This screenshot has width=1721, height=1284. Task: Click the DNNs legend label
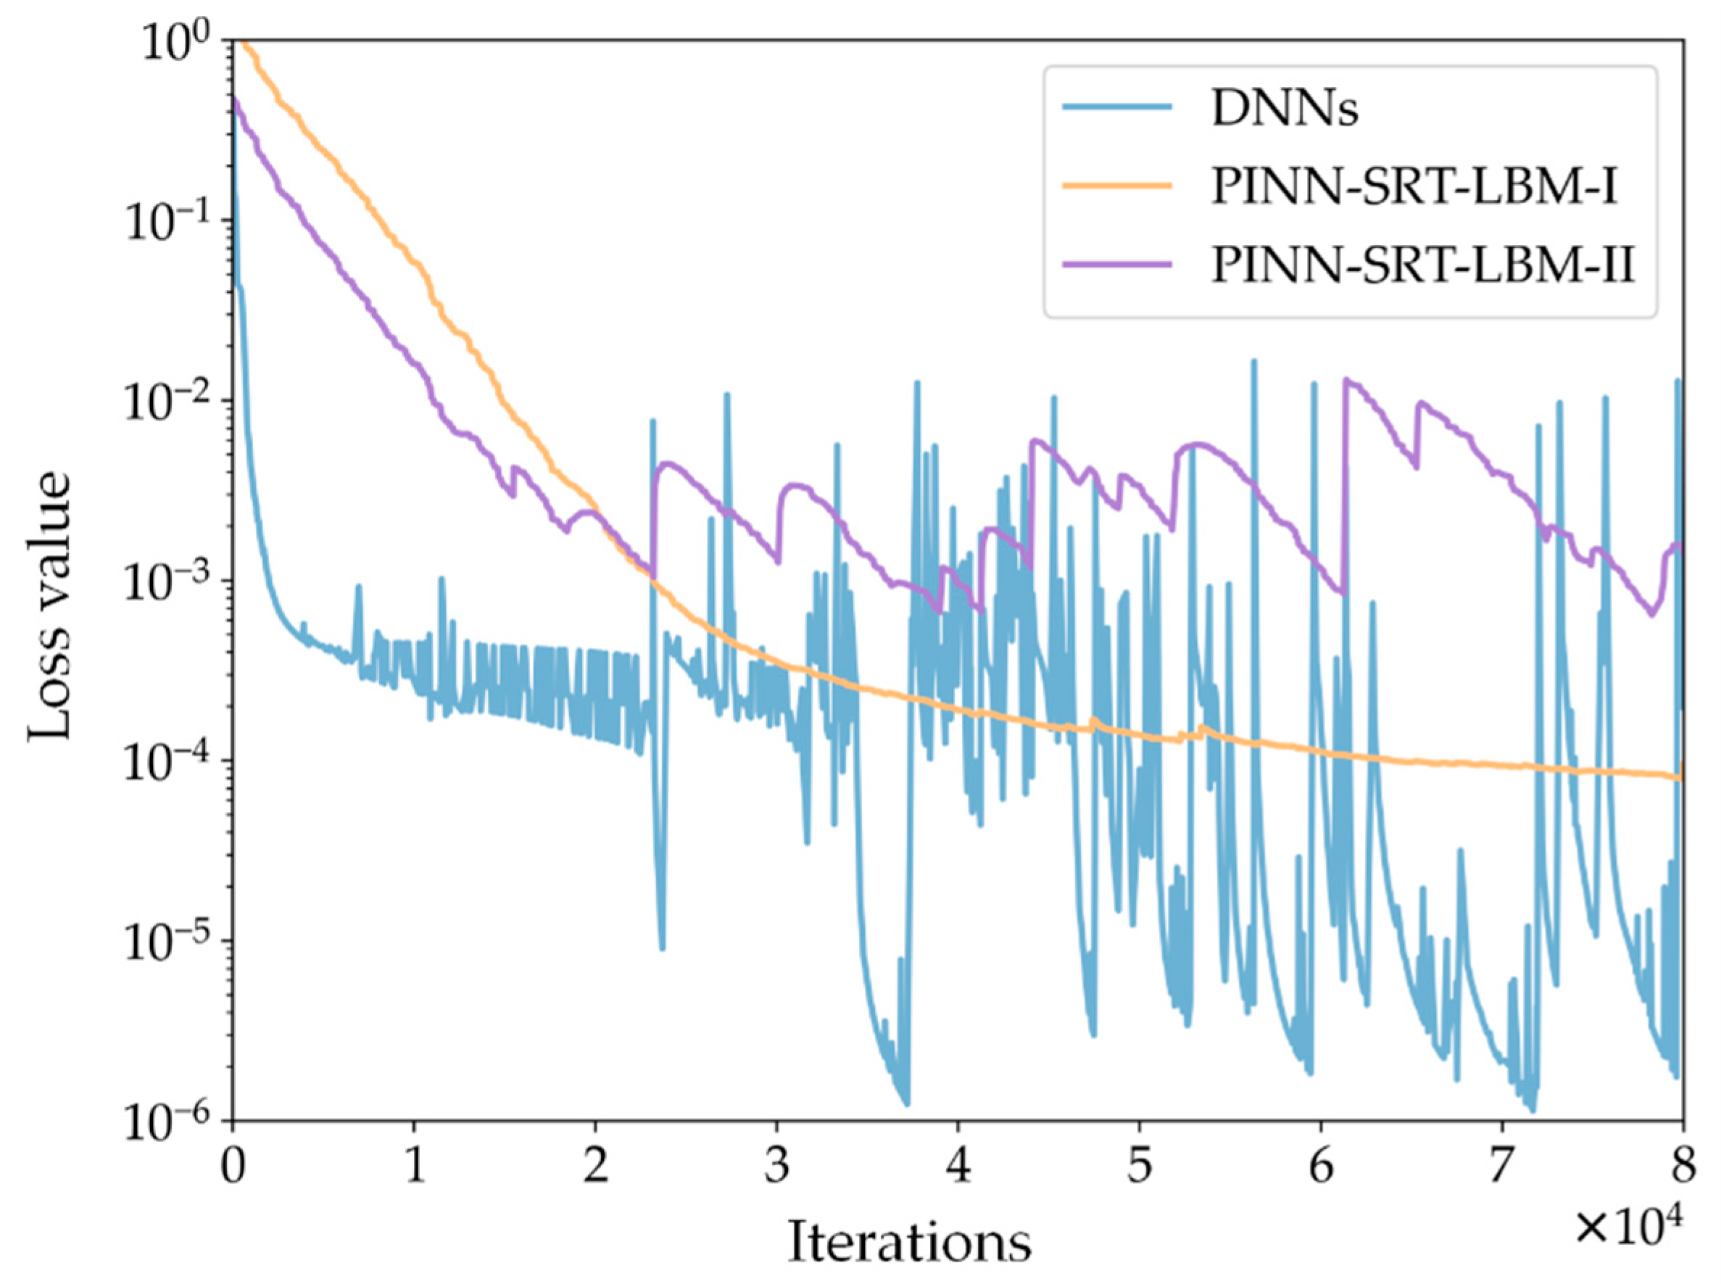coord(1285,110)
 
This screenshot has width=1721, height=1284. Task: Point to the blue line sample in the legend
coord(1117,107)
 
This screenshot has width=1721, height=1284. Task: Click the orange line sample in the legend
coord(1117,185)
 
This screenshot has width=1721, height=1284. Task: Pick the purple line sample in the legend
coord(1117,263)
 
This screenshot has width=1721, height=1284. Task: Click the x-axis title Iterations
coord(909,1242)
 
